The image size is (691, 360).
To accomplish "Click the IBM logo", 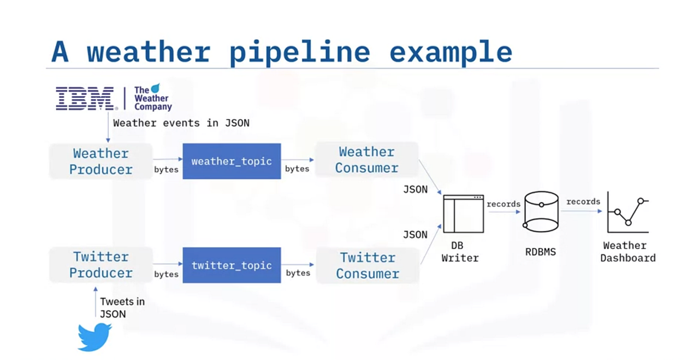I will pyautogui.click(x=85, y=98).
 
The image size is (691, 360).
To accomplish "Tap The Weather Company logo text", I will pyautogui.click(x=152, y=98).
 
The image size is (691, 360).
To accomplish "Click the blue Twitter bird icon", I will pyautogui.click(x=94, y=336).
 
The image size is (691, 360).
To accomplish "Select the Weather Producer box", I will pyautogui.click(x=101, y=161).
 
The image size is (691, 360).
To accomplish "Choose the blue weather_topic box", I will pyautogui.click(x=231, y=161).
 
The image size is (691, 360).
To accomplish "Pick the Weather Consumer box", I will pyautogui.click(x=367, y=160).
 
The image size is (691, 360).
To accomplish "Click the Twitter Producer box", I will pyautogui.click(x=101, y=265).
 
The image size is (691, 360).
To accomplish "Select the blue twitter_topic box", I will pyautogui.click(x=231, y=265).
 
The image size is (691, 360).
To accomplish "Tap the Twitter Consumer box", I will pyautogui.click(x=367, y=266).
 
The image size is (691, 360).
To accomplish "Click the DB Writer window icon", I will pyautogui.click(x=463, y=214).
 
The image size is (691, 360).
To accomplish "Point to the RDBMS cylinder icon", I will pyautogui.click(x=541, y=211).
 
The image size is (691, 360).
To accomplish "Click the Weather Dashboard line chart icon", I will pyautogui.click(x=628, y=213).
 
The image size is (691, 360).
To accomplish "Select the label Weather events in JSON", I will pyautogui.click(x=181, y=123).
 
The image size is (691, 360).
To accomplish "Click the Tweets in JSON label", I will pyautogui.click(x=122, y=308).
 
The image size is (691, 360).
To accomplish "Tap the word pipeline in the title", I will pyautogui.click(x=299, y=52).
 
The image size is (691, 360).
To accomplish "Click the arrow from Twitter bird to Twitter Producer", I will pyautogui.click(x=96, y=302).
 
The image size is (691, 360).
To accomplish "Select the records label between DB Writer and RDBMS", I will pyautogui.click(x=503, y=204).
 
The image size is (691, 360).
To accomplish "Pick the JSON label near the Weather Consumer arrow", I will pyautogui.click(x=415, y=189).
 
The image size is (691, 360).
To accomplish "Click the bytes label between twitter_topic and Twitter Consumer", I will pyautogui.click(x=298, y=272).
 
